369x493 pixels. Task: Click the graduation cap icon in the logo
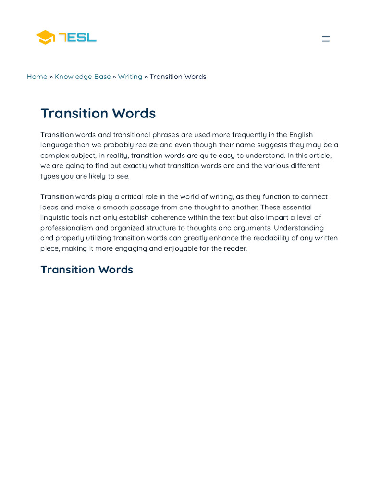pos(46,37)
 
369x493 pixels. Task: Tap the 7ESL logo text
pos(78,37)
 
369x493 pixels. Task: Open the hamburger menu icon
pos(326,39)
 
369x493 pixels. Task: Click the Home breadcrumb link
pos(37,77)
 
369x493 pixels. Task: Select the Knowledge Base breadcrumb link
pos(82,77)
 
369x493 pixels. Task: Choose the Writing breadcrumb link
pos(130,77)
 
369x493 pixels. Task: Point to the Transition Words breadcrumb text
pos(178,77)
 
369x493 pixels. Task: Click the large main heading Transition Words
pos(98,113)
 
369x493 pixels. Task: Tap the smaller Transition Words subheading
pos(86,270)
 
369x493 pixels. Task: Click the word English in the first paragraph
pos(301,135)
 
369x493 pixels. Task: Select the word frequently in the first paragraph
pos(250,135)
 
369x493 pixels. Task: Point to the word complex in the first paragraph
pos(55,156)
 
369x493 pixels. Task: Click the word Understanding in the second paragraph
pos(299,228)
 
